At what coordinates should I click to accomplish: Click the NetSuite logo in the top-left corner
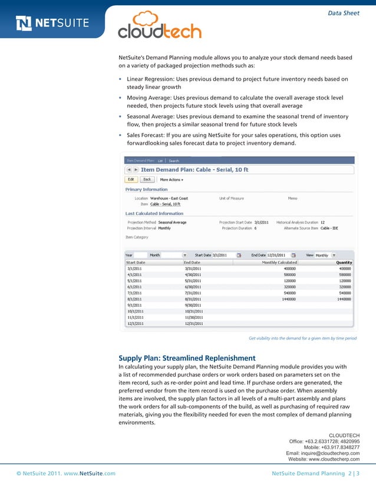click(x=52, y=24)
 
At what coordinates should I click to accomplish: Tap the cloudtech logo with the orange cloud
click(x=159, y=26)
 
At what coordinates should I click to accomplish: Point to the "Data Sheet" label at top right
click(x=343, y=13)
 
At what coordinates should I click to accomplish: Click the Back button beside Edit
click(x=147, y=179)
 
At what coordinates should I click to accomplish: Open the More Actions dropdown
click(x=171, y=179)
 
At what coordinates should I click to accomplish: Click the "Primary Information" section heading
click(x=146, y=189)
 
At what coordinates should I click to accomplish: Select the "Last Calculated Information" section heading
click(x=154, y=213)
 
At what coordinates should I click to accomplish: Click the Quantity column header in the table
click(x=344, y=262)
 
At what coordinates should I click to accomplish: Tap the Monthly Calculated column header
click(x=279, y=262)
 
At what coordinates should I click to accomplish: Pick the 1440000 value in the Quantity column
click(x=344, y=298)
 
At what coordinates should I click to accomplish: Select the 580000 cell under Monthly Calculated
click(x=289, y=274)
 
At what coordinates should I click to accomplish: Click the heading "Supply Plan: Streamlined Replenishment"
click(x=187, y=358)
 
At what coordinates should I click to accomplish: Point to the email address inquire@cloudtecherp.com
click(x=322, y=453)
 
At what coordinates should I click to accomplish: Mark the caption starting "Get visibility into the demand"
click(x=302, y=338)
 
